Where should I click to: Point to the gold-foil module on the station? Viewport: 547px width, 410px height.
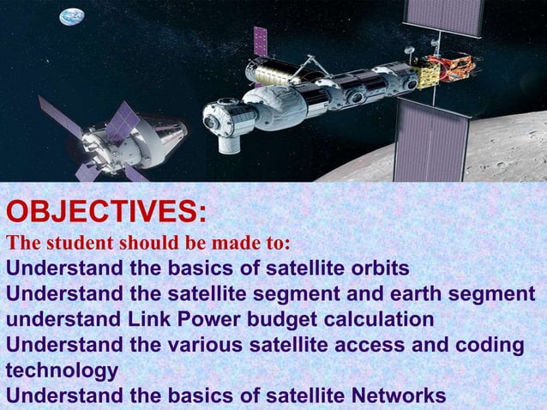(x=453, y=68)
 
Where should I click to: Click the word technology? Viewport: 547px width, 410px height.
(x=62, y=371)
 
